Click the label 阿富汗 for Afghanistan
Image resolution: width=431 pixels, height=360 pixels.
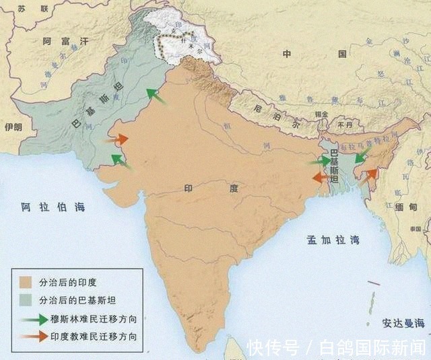[66, 42]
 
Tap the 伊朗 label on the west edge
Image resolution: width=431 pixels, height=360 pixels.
[13, 126]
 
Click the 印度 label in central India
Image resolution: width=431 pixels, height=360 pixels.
[211, 189]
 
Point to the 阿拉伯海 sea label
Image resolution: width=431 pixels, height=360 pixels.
[53, 207]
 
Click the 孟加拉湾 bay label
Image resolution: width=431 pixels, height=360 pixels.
[333, 240]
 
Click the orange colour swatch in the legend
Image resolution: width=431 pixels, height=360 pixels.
[27, 282]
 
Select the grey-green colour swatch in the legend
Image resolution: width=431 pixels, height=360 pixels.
[27, 300]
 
